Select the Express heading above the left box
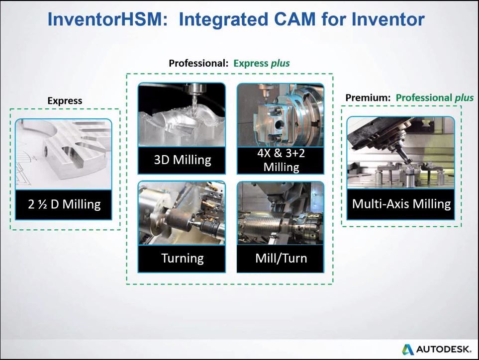(65, 100)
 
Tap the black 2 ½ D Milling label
(64, 204)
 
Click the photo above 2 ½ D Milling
(64, 154)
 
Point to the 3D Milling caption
(182, 160)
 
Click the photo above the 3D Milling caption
(182, 114)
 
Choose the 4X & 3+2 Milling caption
(281, 160)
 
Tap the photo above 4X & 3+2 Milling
(281, 114)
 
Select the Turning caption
(182, 258)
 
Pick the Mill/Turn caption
(281, 258)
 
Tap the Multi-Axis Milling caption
(401, 204)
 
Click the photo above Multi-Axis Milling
(401, 152)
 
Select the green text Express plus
(261, 63)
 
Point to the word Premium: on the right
(368, 97)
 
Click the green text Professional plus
(434, 97)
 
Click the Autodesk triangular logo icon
(407, 349)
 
